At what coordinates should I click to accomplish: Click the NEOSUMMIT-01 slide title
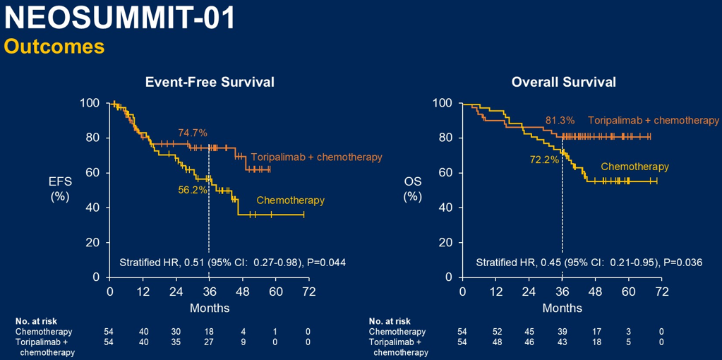point(121,19)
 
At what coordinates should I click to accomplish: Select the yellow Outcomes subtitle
point(54,47)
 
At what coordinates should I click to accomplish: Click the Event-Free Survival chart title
point(210,83)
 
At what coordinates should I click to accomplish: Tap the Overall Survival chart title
point(563,83)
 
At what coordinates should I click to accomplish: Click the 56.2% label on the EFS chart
point(192,190)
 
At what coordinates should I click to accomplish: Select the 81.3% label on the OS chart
point(560,121)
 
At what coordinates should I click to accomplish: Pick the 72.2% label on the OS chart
point(544,160)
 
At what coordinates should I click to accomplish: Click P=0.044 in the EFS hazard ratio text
point(325,263)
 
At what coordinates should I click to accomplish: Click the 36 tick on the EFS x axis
point(209,292)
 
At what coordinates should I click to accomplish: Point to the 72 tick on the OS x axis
point(661,292)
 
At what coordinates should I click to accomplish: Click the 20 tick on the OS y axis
point(445,242)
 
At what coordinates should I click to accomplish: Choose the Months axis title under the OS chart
point(562,308)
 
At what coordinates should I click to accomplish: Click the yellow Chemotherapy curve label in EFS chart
point(290,200)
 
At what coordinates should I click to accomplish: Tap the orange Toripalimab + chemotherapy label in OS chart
point(653,121)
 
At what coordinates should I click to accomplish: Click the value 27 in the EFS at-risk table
point(209,342)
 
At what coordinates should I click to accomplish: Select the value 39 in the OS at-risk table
point(562,331)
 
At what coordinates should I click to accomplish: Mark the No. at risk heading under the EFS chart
point(35,320)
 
